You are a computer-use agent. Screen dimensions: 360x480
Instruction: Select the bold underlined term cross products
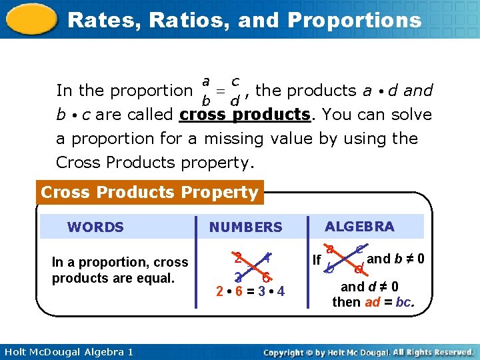pyautogui.click(x=245, y=115)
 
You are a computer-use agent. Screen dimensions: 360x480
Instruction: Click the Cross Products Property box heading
pyautogui.click(x=149, y=193)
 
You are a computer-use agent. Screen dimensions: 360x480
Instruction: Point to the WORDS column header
pyautogui.click(x=95, y=227)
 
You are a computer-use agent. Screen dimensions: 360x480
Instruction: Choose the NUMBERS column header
pyautogui.click(x=245, y=227)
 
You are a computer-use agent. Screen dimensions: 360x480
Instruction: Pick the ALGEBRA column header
pyautogui.click(x=359, y=227)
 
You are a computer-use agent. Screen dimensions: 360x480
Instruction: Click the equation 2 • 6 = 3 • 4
pyautogui.click(x=250, y=291)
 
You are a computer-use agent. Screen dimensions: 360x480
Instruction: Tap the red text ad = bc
pyautogui.click(x=390, y=302)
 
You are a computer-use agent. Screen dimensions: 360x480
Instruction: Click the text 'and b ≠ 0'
pyautogui.click(x=396, y=259)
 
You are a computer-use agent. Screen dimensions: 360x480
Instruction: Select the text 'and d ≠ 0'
pyautogui.click(x=369, y=287)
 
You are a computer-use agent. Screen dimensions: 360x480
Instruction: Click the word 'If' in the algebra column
pyautogui.click(x=317, y=260)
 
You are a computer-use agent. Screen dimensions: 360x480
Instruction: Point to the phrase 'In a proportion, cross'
pyautogui.click(x=120, y=263)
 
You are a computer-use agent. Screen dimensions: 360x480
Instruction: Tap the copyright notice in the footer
pyautogui.click(x=368, y=351)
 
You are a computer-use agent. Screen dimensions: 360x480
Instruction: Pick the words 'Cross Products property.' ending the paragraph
pyautogui.click(x=157, y=163)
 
